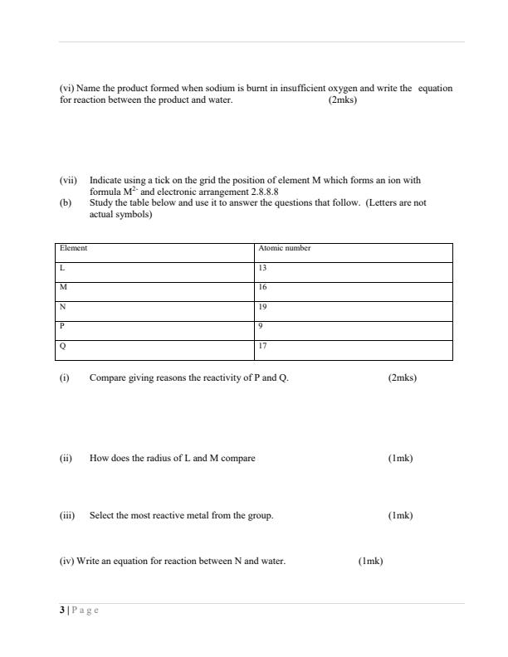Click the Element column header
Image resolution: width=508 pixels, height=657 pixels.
74,248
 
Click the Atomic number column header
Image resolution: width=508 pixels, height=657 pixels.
284,248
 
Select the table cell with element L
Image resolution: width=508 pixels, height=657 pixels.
62,268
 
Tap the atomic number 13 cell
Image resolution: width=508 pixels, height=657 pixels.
262,268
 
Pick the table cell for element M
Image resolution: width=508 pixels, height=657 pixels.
63,287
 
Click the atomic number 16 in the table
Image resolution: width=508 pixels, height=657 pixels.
262,287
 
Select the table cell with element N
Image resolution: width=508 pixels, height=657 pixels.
63,307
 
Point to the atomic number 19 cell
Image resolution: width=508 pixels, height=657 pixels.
262,307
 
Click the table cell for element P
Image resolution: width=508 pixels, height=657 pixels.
62,326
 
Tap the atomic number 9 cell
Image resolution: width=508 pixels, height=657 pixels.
261,326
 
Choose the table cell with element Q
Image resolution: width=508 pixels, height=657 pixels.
63,346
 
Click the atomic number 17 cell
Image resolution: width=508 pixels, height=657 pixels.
262,346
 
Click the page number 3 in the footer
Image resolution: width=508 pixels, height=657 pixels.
61,610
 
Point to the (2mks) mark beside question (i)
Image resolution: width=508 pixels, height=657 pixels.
403,378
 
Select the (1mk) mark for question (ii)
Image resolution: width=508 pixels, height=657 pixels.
400,459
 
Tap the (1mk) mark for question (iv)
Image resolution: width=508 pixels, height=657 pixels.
370,562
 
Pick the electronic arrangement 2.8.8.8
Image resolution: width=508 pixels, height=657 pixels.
259,192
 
